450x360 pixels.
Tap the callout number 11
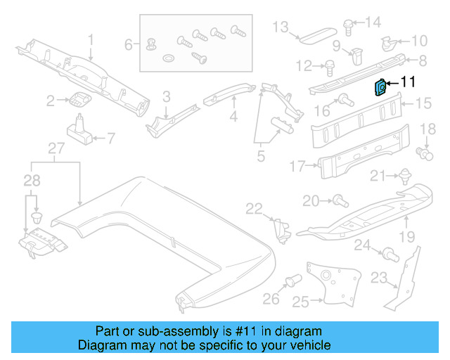(409, 84)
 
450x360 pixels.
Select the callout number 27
(56, 148)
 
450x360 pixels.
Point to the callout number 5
(260, 155)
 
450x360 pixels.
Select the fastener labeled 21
(405, 175)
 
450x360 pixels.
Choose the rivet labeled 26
(290, 283)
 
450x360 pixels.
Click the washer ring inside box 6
(169, 56)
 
